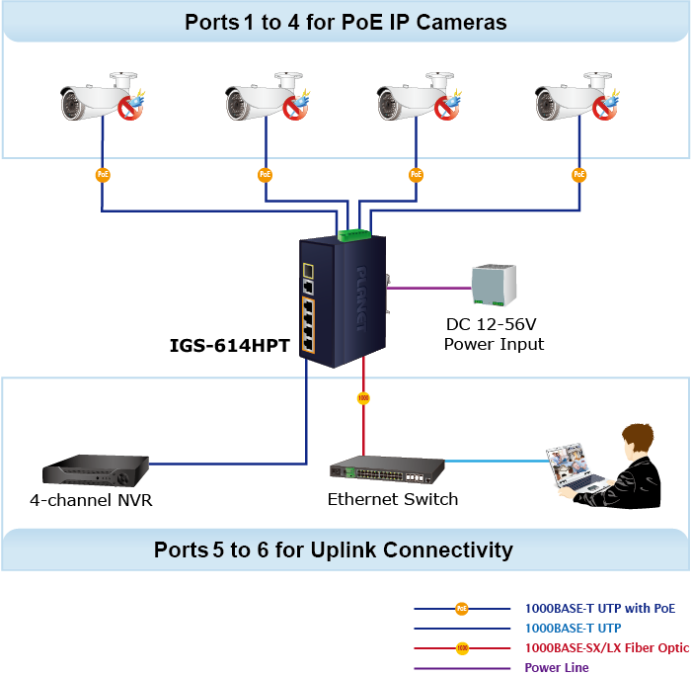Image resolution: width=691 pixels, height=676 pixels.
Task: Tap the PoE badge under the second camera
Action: click(x=265, y=175)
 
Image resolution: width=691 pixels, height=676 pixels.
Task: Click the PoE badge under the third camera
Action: click(x=415, y=175)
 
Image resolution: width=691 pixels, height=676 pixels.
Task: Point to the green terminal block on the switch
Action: click(x=351, y=234)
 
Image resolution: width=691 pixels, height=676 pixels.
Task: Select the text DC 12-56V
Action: click(x=494, y=325)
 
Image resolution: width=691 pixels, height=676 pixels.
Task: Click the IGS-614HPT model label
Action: click(x=230, y=347)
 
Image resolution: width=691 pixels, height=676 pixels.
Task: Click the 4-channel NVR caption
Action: click(x=91, y=500)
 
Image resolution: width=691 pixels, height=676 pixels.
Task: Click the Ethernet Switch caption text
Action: click(x=393, y=499)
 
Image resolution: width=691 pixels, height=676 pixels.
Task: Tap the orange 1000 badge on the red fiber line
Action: click(x=363, y=398)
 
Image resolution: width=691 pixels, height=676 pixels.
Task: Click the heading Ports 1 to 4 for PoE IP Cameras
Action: click(x=345, y=22)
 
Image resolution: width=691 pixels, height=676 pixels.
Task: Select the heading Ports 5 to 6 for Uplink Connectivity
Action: click(x=334, y=550)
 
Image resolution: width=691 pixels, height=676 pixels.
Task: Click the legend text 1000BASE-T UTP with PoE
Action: click(x=600, y=608)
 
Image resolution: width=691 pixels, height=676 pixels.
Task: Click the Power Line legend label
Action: click(x=557, y=667)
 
